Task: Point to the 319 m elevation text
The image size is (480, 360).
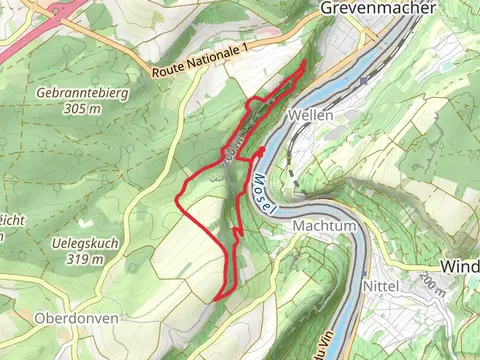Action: click(x=82, y=259)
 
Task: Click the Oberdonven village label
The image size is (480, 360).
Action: click(x=77, y=318)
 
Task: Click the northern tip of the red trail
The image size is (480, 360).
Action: click(x=305, y=62)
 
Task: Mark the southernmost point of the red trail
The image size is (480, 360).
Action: click(x=216, y=299)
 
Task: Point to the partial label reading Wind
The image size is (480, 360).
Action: click(x=460, y=269)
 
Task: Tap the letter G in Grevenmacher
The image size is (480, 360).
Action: click(x=326, y=8)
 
